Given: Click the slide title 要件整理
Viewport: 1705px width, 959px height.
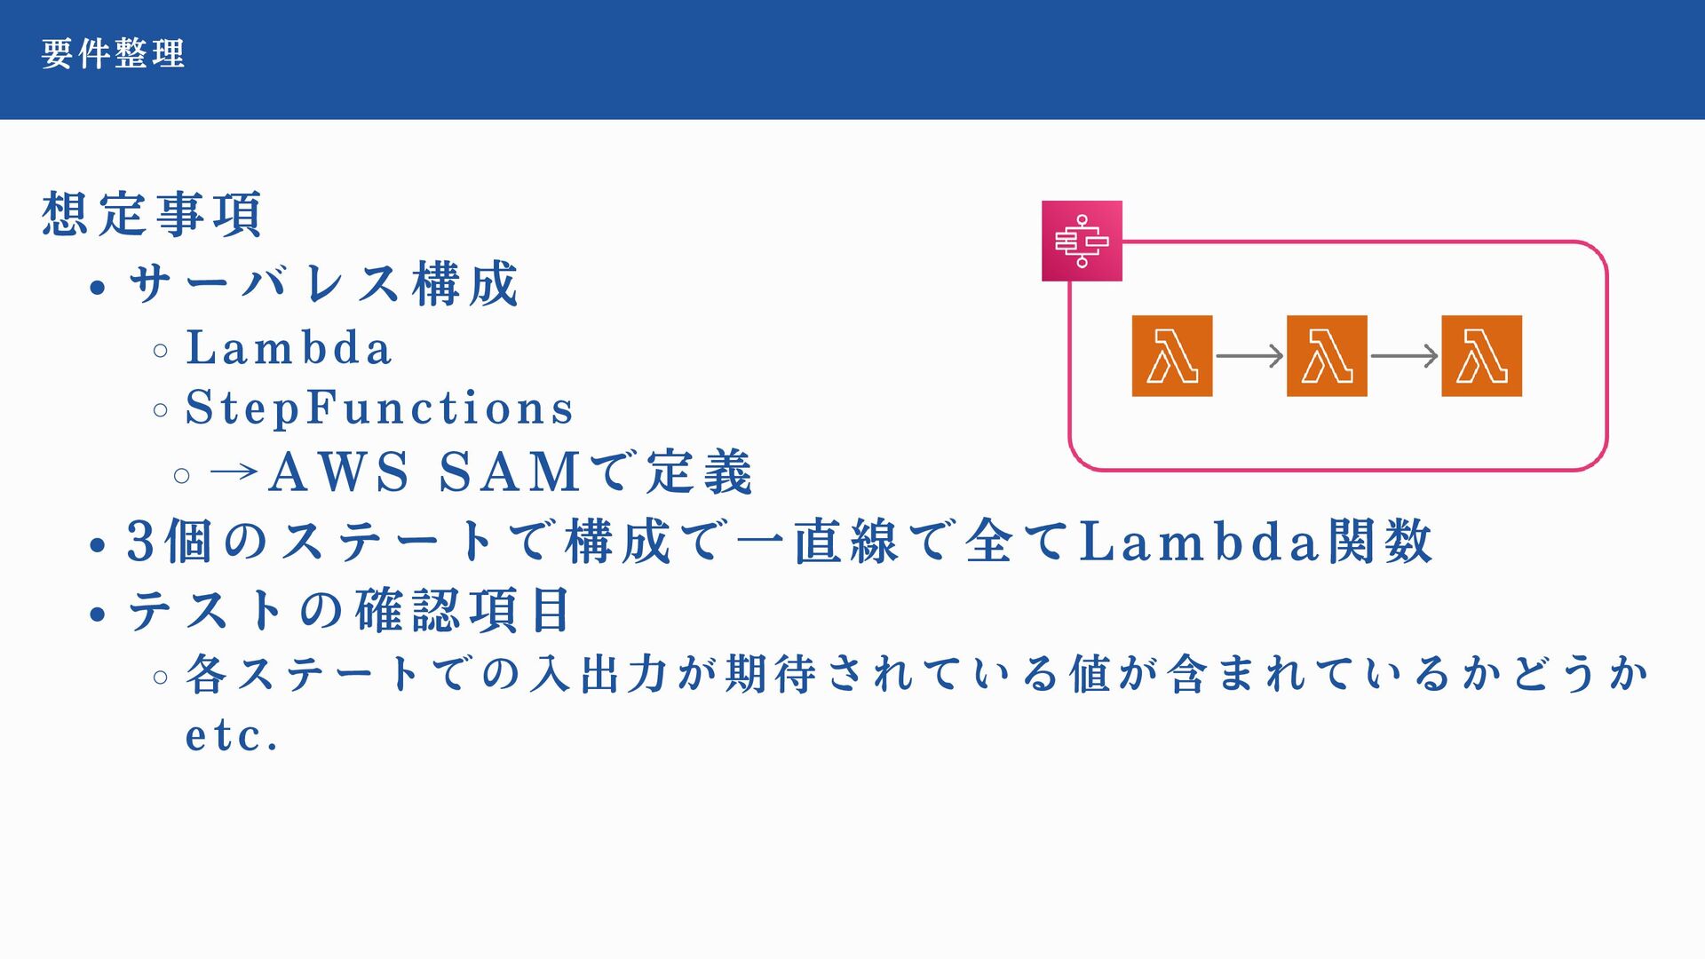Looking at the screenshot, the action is (x=113, y=54).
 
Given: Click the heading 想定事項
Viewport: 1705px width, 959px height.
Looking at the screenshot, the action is (x=152, y=214).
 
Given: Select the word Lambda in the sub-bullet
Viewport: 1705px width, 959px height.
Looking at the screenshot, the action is (x=289, y=348).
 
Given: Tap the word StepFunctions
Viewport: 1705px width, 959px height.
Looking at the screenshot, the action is (x=379, y=408).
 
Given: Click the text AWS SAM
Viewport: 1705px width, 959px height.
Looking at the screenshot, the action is (x=424, y=472).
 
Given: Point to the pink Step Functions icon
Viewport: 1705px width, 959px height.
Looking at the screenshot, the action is (x=1082, y=241).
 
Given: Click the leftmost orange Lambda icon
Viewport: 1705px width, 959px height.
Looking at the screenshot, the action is (x=1171, y=355).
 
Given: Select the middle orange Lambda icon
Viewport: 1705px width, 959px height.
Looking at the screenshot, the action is (x=1327, y=355).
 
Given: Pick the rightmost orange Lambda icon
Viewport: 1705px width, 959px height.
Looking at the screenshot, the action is (x=1481, y=355).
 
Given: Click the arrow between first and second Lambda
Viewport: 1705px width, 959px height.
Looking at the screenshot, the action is (x=1249, y=356).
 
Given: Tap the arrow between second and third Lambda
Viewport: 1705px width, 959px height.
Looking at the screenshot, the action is (x=1404, y=356).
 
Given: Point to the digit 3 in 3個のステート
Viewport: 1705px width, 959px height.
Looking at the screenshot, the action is (x=141, y=541).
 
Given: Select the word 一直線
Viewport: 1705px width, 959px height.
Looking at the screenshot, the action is (x=818, y=541).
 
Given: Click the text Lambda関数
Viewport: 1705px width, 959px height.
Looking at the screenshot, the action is (x=1255, y=541).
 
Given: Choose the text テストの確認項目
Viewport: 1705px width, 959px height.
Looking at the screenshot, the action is (x=349, y=611).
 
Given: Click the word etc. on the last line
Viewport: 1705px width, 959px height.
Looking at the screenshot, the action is (x=232, y=736).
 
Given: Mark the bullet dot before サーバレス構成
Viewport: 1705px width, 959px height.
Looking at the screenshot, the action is (x=98, y=288).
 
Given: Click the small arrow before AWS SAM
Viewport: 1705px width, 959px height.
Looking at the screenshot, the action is (x=234, y=472).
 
